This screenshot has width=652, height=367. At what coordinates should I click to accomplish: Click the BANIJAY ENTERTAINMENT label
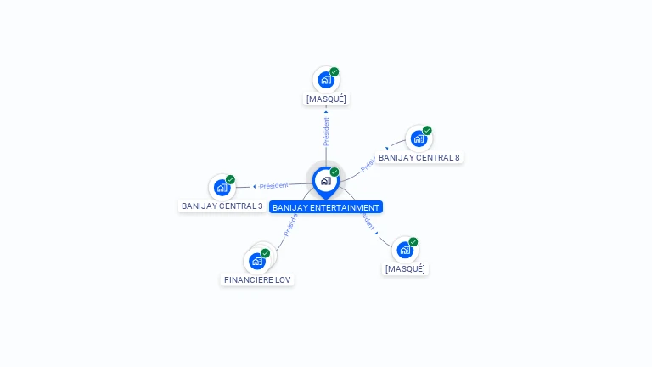point(326,207)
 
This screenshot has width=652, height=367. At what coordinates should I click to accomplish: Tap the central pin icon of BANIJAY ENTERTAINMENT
point(325,181)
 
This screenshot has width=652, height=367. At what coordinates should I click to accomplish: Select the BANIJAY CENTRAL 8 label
point(419,158)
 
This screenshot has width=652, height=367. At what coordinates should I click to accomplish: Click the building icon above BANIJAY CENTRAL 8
point(418,138)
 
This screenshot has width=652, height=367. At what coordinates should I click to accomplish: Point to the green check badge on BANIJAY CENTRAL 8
point(427,131)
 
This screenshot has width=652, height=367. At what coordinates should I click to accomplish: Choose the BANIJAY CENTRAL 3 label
point(222,206)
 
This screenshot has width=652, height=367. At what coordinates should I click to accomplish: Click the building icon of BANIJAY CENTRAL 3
point(222,187)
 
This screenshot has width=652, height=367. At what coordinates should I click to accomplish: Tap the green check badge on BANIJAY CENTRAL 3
point(230,179)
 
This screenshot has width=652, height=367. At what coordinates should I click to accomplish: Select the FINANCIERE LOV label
point(257,279)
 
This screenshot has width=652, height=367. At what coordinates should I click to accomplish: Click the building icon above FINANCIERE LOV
point(257,261)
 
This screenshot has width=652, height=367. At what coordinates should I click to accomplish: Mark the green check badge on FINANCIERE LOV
point(266,253)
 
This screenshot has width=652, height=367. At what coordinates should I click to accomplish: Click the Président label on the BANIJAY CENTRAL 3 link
point(274,185)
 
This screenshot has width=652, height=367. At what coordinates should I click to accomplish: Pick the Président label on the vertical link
point(326,132)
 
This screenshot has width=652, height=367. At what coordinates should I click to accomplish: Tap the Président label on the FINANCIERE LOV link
point(289,225)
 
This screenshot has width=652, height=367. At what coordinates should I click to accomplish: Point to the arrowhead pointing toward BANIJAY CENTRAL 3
point(255,186)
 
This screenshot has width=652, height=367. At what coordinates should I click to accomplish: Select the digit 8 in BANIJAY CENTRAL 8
point(457,158)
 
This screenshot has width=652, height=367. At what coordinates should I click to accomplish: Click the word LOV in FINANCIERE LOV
point(283,279)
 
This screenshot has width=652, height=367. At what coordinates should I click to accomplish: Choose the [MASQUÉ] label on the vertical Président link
point(326,99)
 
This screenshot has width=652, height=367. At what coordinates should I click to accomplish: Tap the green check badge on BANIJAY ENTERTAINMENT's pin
point(334,172)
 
